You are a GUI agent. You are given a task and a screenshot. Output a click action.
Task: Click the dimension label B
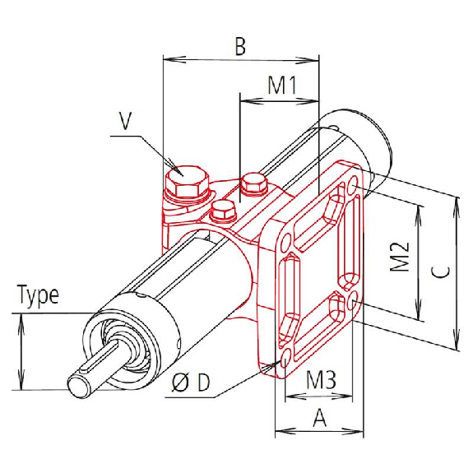tap(240, 47)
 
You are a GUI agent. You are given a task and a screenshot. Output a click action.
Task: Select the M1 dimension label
tap(282, 85)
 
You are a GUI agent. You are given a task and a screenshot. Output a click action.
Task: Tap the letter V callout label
tap(125, 121)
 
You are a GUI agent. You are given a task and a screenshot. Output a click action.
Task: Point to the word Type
tap(39, 295)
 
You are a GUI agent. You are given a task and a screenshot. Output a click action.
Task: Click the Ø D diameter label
tap(190, 383)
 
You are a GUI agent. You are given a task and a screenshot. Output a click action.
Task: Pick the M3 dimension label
tap(321, 380)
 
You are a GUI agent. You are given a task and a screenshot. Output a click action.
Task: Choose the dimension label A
tap(320, 418)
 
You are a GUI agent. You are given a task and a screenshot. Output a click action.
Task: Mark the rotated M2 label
tap(400, 256)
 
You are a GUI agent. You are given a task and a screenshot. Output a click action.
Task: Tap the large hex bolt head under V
tap(187, 181)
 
